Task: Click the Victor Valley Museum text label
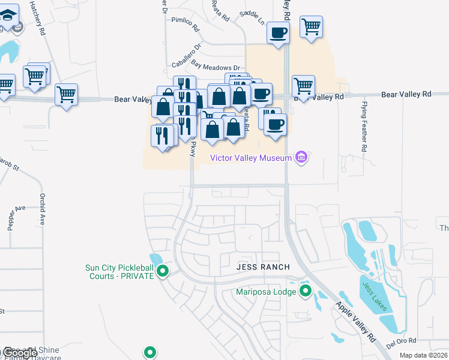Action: tap(250, 158)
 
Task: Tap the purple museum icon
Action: tap(301, 158)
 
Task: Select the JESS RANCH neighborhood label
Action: tap(263, 267)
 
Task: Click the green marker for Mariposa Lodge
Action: tap(306, 292)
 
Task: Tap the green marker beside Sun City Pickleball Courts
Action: tap(163, 272)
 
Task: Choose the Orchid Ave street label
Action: tap(43, 209)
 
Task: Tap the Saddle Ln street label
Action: tap(252, 16)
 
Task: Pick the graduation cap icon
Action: tap(8, 14)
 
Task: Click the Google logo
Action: tap(20, 352)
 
